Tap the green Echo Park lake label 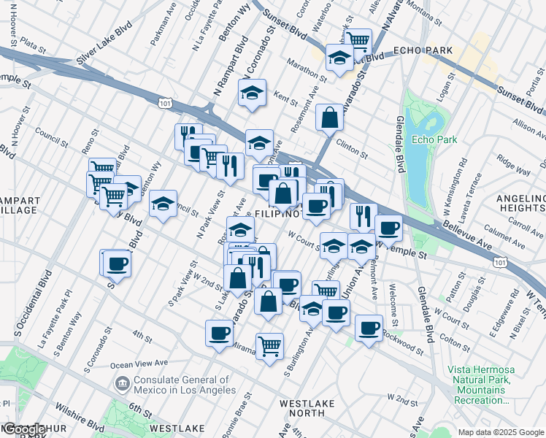coord(433,139)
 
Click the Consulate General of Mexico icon coord(122,383)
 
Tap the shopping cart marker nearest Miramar coord(270,346)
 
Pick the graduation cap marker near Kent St coord(252,93)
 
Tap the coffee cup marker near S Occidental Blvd coord(116,263)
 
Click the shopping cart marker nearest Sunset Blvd coord(358,41)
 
